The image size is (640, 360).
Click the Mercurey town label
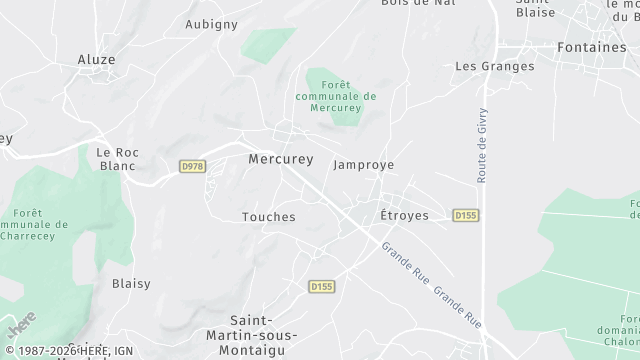280,159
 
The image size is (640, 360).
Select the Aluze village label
96,60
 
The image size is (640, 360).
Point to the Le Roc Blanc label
117,159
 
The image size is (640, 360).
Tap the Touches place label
269,217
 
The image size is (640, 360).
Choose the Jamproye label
363,165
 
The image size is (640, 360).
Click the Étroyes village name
404,216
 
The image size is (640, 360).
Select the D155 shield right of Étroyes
465,215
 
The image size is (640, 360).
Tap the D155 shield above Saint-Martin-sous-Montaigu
321,286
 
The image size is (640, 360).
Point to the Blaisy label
131,284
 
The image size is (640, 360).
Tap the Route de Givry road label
482,145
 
